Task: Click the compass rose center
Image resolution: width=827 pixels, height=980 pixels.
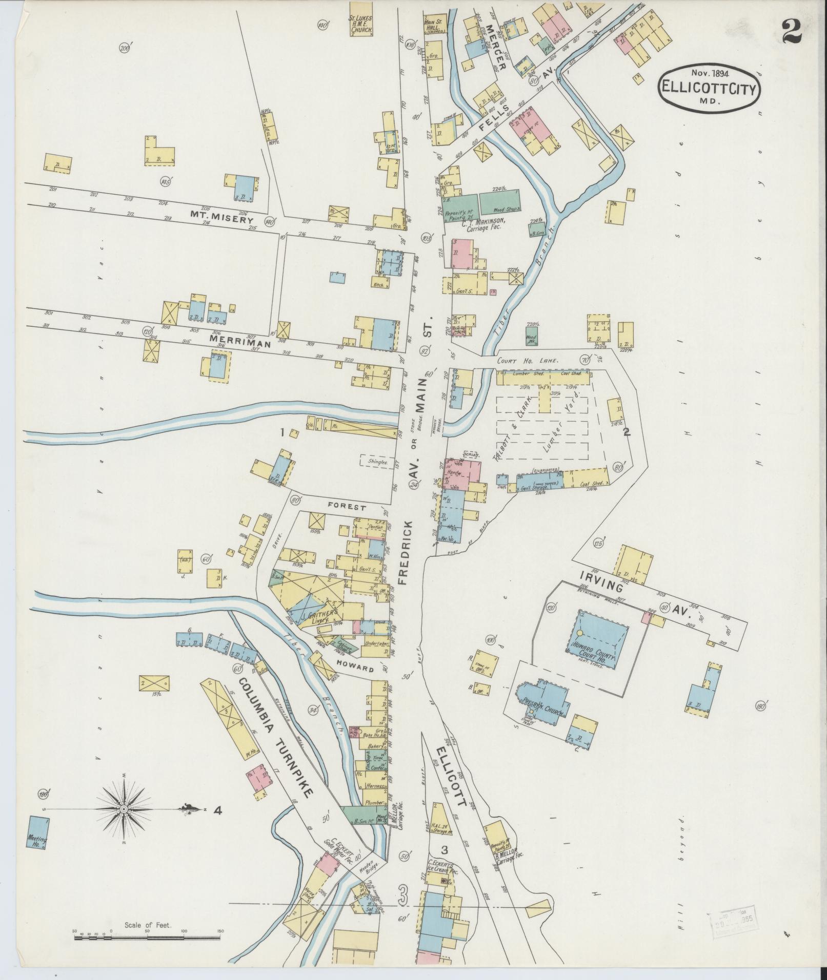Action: [124, 823]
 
